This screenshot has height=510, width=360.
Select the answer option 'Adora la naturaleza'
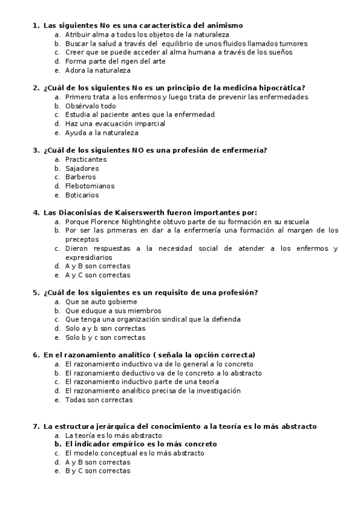pyautogui.click(x=97, y=70)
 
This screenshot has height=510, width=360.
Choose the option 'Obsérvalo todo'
pyautogui.click(x=91, y=106)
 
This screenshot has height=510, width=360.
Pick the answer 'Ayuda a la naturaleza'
pyautogui.click(x=102, y=132)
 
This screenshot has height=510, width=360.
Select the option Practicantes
pyautogui.click(x=86, y=159)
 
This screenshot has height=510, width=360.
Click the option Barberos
pyautogui.click(x=81, y=177)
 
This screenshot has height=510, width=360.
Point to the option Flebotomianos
pyautogui.click(x=90, y=186)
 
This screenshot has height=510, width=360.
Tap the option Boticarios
pyautogui.click(x=82, y=195)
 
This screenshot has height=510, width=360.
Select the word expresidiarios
pyautogui.click(x=88, y=257)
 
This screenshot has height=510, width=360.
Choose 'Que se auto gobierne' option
pyautogui.click(x=101, y=301)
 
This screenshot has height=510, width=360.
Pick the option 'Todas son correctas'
pyautogui.click(x=99, y=399)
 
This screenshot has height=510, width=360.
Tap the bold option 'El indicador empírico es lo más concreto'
pyautogui.click(x=141, y=444)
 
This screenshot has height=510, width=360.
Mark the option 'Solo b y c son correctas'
pyautogui.click(x=105, y=337)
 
